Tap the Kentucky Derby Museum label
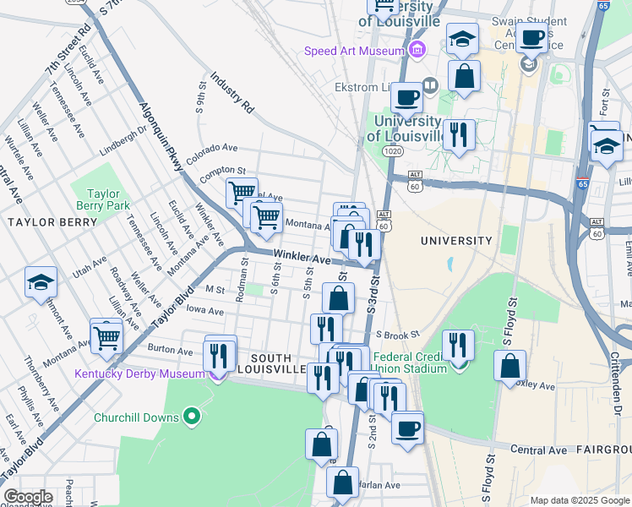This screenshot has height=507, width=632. coord(139,373)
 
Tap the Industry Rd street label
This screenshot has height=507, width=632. coord(232,93)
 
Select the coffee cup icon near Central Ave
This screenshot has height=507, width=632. coord(407,428)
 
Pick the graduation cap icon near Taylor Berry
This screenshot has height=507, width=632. coord(41,284)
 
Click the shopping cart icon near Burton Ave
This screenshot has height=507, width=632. coord(107,339)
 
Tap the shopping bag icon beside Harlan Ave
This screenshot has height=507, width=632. coord(342,483)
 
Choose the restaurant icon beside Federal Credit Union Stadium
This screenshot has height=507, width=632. coord(458,345)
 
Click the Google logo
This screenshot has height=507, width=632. coord(28,497)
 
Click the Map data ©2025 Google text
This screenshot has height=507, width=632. coord(579,500)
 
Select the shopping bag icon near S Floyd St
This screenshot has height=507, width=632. coord(510,368)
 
